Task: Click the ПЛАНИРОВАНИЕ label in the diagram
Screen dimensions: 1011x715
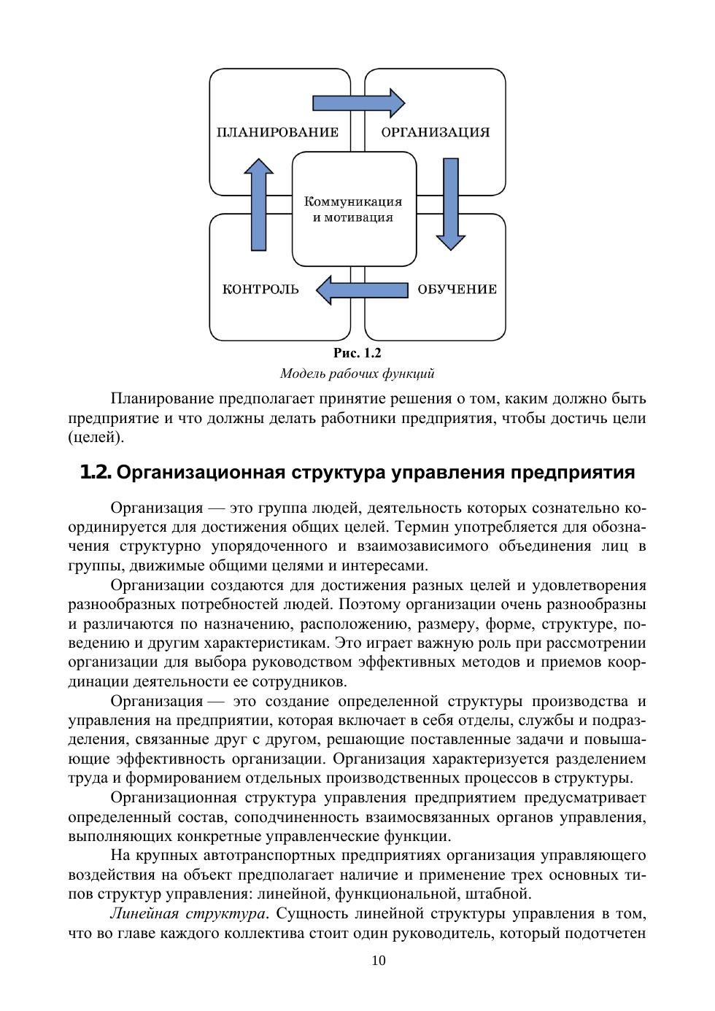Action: (278, 132)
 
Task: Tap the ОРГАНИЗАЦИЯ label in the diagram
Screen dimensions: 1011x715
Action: (436, 132)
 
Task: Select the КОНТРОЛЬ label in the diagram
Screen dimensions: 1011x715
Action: (260, 290)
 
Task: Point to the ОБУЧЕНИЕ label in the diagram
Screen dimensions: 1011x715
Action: (457, 290)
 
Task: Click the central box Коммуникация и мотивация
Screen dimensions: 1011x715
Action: (354, 209)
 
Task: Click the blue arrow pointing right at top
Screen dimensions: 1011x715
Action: (358, 103)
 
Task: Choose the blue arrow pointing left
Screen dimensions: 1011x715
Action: (362, 290)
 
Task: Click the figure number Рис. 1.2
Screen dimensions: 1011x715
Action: (357, 353)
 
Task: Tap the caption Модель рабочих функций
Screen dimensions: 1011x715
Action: (357, 374)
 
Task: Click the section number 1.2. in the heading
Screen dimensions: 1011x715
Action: (96, 473)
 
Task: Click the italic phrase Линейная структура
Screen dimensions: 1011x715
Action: (188, 913)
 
